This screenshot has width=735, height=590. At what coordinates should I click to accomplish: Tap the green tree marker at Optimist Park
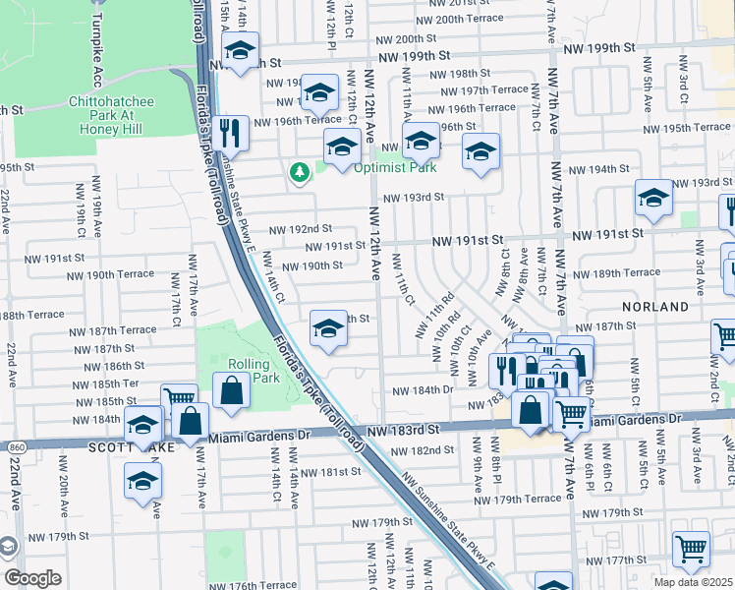tap(300, 173)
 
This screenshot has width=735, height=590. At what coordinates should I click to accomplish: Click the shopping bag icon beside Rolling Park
tap(230, 390)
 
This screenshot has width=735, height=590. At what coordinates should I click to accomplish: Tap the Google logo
tap(32, 577)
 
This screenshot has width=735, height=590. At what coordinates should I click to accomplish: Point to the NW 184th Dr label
tap(422, 390)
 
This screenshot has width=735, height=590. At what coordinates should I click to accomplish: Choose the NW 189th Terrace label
tap(616, 272)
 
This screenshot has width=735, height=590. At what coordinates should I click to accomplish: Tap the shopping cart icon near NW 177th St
tap(691, 549)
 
